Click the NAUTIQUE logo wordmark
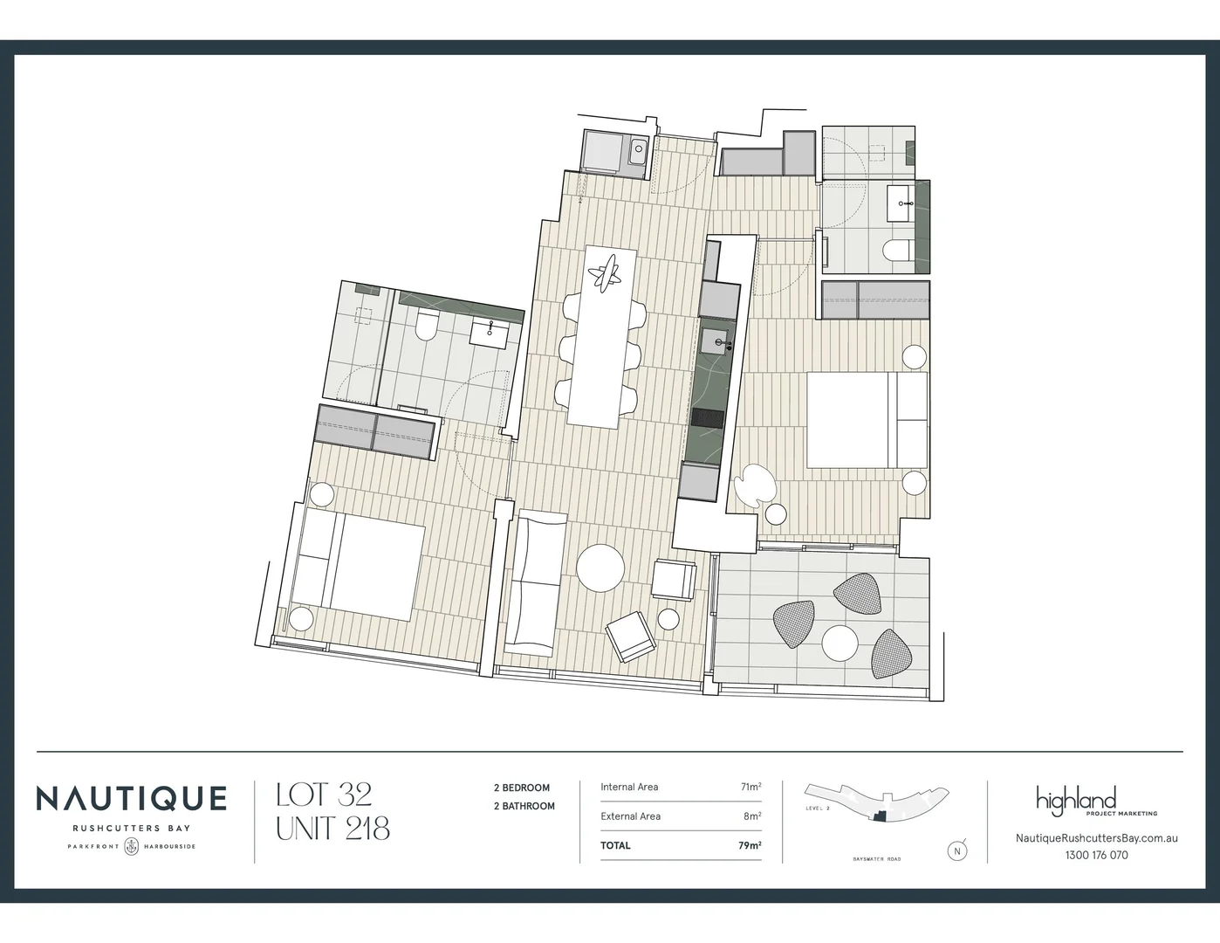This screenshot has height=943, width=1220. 131,798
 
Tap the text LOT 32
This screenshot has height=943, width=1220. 324,795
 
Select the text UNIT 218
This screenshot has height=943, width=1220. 332,828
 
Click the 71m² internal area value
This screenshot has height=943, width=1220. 751,787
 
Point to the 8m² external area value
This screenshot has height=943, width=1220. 752,816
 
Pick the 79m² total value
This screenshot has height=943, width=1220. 750,845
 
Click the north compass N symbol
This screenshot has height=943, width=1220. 957,850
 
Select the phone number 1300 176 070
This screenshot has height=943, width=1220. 1096,855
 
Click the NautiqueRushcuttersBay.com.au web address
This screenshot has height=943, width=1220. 1096,837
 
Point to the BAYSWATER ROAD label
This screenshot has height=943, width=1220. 876,859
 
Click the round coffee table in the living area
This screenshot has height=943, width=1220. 601,568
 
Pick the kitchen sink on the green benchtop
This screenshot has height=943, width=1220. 716,341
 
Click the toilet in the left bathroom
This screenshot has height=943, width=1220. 427,327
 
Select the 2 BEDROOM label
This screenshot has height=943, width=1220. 522,788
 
